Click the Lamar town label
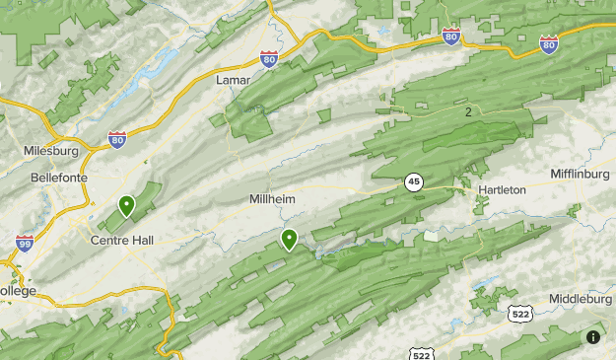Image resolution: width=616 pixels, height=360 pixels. [x=234, y=79]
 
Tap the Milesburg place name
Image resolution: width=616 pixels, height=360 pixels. [x=51, y=151]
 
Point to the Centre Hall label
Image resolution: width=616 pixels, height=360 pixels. [x=121, y=240]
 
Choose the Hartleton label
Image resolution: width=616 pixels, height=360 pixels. [x=502, y=189]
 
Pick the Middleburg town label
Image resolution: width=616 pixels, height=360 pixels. [x=580, y=298]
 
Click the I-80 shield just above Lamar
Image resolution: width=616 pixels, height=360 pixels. [x=269, y=59]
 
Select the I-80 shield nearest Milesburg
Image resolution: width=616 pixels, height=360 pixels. [x=117, y=140]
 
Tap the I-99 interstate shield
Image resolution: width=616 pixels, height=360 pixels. [x=25, y=243]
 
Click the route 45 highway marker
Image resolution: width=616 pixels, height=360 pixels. [x=413, y=181]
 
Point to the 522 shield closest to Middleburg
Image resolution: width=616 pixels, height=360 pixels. [x=521, y=313]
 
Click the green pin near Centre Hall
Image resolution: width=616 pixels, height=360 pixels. [x=126, y=206]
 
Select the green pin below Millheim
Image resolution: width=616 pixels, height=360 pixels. [x=289, y=239]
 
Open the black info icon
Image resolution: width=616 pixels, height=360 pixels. [x=592, y=337]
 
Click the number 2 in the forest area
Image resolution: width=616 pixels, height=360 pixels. [x=468, y=112]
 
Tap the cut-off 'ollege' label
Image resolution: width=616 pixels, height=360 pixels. [x=18, y=291]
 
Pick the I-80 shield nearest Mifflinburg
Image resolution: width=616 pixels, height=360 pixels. [x=549, y=43]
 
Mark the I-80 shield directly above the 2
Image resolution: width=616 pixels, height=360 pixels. [x=451, y=36]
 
